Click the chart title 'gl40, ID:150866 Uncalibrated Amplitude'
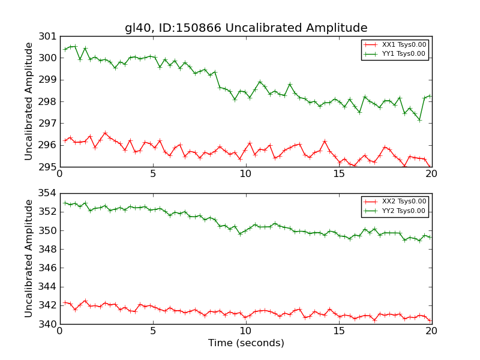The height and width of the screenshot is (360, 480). click(246, 28)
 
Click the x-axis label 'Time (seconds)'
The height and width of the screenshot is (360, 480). click(246, 343)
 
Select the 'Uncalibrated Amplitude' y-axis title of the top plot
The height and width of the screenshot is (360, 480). click(29, 101)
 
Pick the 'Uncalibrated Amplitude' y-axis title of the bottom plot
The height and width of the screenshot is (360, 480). click(29, 259)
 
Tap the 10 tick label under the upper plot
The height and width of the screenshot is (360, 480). click(246, 174)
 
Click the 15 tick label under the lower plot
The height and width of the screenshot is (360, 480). click(339, 332)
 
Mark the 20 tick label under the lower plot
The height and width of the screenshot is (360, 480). click(432, 332)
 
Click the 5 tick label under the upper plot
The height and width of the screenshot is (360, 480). click(153, 174)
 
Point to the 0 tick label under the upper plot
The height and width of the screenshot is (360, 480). click(60, 174)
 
